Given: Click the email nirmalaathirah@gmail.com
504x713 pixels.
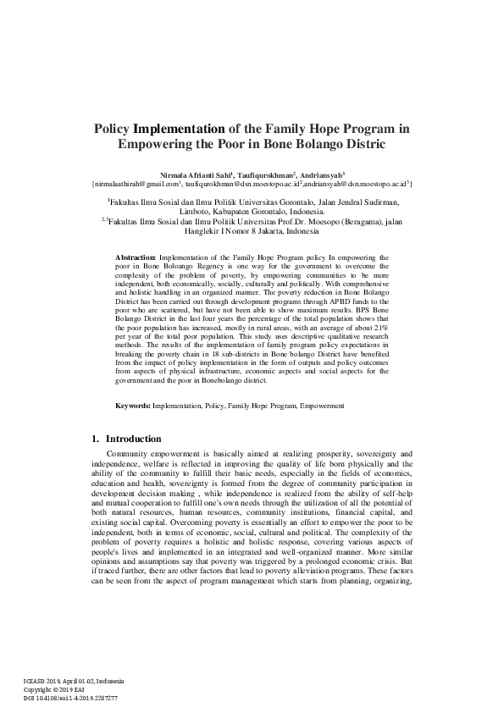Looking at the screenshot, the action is [136, 181].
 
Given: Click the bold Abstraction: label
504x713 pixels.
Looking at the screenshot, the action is [136, 255].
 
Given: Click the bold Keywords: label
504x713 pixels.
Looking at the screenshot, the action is [134, 406].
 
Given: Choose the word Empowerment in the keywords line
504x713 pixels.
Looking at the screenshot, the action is [322, 406].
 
